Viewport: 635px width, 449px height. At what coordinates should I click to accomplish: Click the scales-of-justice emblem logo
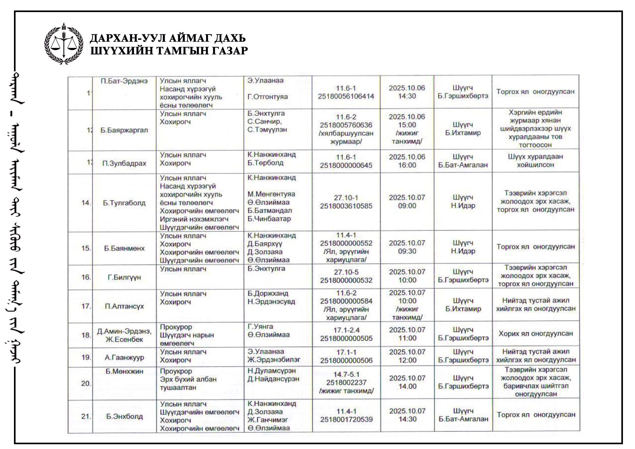point(64,44)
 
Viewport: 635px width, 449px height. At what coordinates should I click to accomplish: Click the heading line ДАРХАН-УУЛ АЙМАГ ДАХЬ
point(168,38)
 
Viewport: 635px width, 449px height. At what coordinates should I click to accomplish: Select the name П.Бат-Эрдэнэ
point(124,81)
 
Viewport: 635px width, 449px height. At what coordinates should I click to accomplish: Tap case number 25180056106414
point(346,96)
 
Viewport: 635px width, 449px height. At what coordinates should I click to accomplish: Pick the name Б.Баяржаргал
point(124,130)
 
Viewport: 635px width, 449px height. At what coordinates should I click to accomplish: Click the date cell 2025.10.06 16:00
point(407,161)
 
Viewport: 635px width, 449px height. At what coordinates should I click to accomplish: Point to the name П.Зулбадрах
point(124,163)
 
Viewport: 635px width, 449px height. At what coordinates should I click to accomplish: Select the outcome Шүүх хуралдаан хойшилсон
point(535,161)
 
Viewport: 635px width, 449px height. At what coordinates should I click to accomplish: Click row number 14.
point(86,203)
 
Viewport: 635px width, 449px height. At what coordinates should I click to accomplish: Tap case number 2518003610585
point(346,206)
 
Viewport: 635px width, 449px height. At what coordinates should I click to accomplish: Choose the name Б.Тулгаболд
point(124,203)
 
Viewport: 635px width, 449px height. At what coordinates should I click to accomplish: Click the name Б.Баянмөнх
point(124,248)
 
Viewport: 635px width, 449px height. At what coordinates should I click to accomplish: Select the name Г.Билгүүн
point(124,277)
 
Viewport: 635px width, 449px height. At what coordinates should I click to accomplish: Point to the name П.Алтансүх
point(124,306)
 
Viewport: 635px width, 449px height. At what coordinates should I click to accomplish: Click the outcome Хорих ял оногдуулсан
point(536,334)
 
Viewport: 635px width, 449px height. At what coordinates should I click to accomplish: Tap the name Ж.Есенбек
point(124,339)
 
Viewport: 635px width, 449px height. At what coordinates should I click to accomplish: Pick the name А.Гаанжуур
point(124,358)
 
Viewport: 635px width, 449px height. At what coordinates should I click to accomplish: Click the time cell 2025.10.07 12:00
point(407,356)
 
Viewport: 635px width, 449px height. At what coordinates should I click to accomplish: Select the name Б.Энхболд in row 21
point(124,416)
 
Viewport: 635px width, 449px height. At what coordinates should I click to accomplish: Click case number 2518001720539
point(346,419)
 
